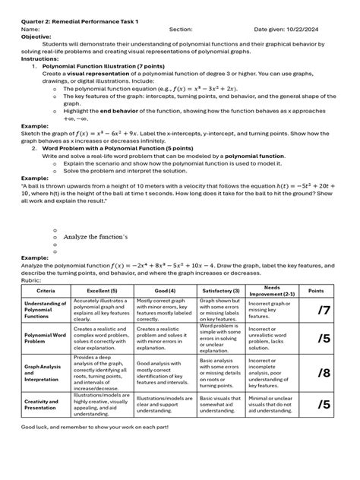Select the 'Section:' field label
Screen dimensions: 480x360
click(182, 29)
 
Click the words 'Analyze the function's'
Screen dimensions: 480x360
click(96, 237)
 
